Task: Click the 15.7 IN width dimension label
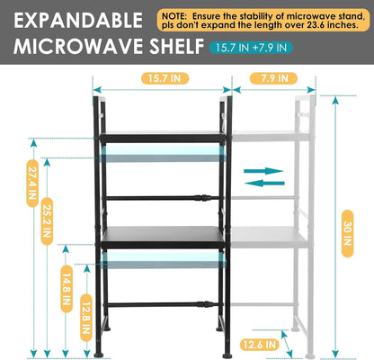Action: point(165,78)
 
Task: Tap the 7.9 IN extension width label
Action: point(273,78)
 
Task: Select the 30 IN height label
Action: point(347,234)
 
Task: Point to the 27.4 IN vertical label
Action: point(32,184)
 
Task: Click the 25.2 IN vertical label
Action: point(47,221)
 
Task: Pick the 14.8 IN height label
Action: point(67,289)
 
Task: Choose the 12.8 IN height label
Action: point(86,318)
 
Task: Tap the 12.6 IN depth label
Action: point(260,345)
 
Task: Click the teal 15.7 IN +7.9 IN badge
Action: point(251,48)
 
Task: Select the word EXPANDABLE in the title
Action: point(78,21)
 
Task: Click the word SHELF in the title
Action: point(177,46)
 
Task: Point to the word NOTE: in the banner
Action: point(174,16)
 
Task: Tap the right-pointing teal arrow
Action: point(263,171)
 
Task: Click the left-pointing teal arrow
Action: point(264,183)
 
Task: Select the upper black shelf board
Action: point(163,137)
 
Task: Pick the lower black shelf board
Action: point(163,237)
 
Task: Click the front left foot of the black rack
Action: point(99,355)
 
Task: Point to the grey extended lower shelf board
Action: point(270,237)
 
